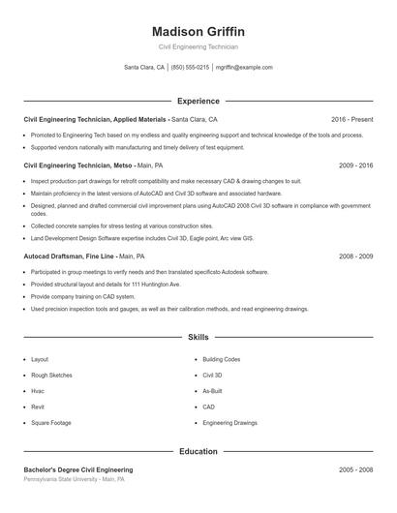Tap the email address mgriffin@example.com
244,68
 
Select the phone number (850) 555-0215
191,68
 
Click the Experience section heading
198,101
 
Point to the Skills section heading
198,338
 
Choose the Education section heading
198,451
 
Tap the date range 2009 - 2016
355,166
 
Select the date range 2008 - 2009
355,256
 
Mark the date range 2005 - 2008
355,469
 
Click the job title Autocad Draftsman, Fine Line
70,256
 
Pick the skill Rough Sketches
51,375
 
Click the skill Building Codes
222,359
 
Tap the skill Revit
39,407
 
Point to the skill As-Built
213,391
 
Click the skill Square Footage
50,423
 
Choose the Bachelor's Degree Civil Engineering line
78,469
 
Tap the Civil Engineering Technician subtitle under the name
198,46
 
